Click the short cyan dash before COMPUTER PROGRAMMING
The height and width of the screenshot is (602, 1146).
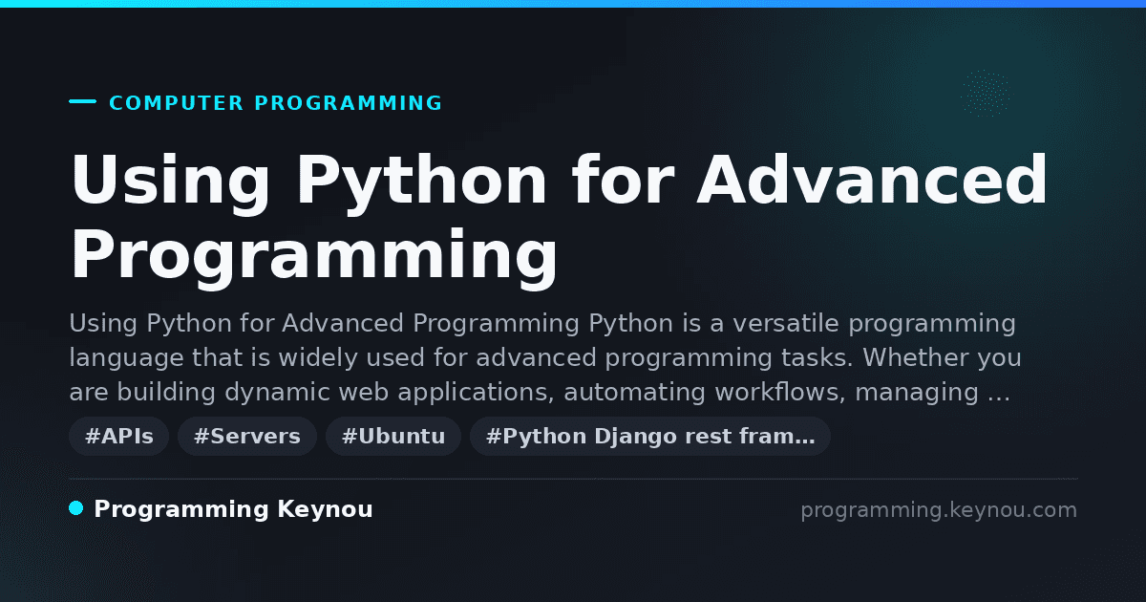click(82, 101)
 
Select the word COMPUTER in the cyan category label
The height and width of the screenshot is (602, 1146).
click(176, 103)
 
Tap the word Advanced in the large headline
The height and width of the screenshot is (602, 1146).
click(872, 180)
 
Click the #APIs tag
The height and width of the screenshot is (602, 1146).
click(119, 436)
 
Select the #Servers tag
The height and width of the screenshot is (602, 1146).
click(247, 436)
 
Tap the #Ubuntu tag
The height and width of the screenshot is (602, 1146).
click(393, 436)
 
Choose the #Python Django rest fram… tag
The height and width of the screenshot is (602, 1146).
click(650, 436)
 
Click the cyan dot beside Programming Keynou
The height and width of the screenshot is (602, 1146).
click(76, 508)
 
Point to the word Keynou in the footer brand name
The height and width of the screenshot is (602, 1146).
click(325, 510)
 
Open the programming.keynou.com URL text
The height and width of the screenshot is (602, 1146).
click(939, 510)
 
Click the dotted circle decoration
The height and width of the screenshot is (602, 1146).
click(986, 94)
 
